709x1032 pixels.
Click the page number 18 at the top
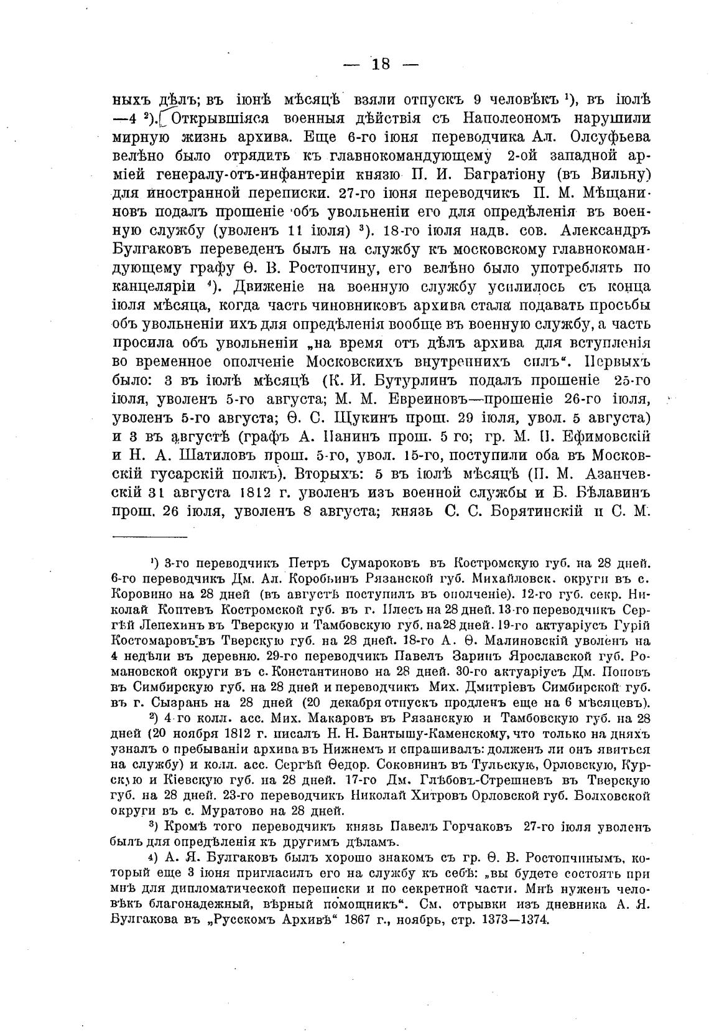click(x=381, y=63)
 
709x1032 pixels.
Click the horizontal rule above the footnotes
click(x=149, y=537)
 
